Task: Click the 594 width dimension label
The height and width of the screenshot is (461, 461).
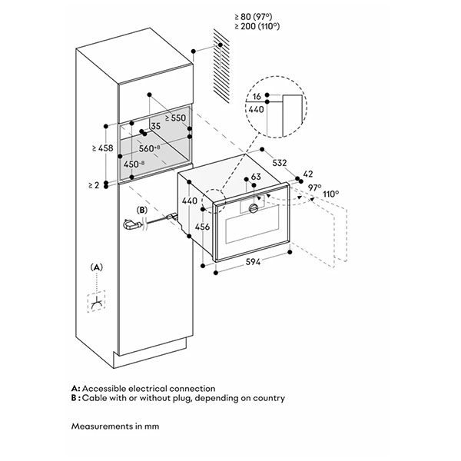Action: (x=253, y=261)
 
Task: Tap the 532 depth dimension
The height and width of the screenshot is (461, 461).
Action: (x=279, y=163)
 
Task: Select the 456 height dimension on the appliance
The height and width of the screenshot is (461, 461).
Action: (x=202, y=227)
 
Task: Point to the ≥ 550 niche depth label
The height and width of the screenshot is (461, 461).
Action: (x=175, y=118)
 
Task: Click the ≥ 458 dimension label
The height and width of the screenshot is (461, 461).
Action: (x=102, y=148)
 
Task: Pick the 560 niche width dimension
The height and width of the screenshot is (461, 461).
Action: (x=149, y=148)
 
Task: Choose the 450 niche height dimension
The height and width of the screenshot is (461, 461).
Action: (x=134, y=164)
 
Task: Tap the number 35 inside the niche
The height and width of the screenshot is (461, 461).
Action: (x=155, y=126)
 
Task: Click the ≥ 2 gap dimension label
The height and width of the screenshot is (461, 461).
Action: (x=94, y=185)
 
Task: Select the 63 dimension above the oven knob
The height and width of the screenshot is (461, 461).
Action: (x=256, y=177)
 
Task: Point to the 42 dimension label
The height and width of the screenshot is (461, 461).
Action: (x=307, y=174)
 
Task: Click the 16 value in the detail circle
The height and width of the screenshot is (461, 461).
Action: (x=257, y=96)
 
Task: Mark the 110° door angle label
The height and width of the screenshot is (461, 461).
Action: (x=330, y=194)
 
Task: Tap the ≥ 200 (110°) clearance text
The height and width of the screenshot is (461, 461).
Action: (x=257, y=26)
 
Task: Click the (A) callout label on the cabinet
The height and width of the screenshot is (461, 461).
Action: (x=97, y=267)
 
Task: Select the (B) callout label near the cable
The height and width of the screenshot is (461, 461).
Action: (x=142, y=211)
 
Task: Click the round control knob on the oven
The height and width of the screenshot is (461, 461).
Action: (x=254, y=208)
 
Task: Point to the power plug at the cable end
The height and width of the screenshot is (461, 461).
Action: (x=131, y=225)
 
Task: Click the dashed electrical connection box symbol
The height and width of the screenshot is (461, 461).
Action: (x=96, y=301)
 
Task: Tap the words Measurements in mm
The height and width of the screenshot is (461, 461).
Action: (x=115, y=426)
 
